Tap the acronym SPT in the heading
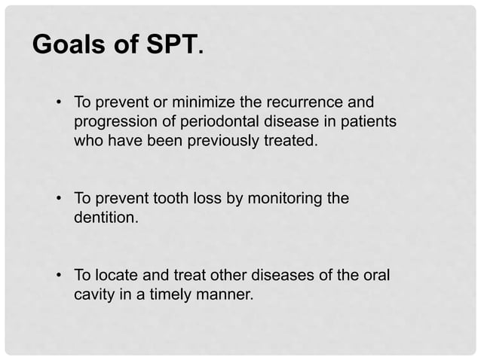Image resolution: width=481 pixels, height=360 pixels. click(170, 44)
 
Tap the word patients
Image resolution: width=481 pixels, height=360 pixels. click(366, 121)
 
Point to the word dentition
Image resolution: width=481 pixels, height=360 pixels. click(105, 218)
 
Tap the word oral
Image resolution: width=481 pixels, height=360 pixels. click(375, 276)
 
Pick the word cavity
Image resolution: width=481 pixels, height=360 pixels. click(93, 295)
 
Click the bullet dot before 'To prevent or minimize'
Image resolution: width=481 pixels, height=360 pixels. click(58, 102)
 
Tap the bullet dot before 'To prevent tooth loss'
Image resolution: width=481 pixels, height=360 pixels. click(58, 200)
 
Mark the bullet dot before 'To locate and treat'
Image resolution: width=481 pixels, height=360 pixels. click(58, 276)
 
